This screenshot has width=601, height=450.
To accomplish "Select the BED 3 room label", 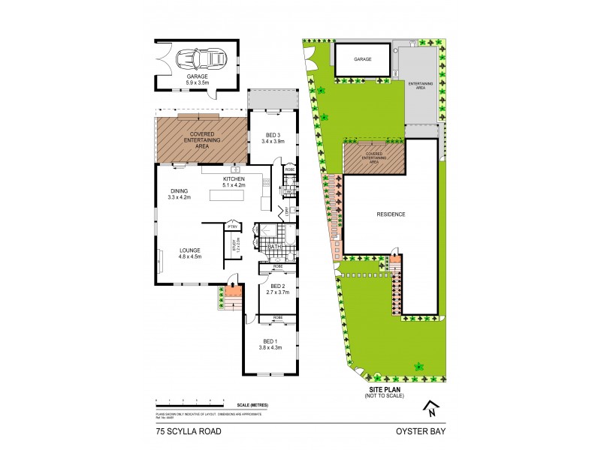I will point(271,136).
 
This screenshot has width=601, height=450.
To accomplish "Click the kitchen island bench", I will point(234,196).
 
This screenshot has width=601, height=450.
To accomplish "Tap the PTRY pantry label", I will point(232,225).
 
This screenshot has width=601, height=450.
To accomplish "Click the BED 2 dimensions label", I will point(279,289).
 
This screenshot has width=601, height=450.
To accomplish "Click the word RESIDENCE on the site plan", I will point(391,214).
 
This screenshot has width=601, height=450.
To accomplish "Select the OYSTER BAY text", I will point(423,431).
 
